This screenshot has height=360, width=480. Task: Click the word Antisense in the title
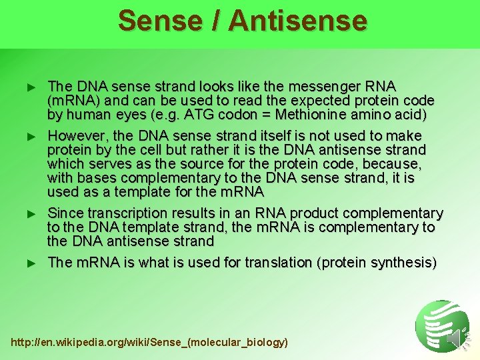click(x=297, y=20)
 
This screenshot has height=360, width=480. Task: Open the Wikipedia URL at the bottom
click(x=150, y=342)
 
